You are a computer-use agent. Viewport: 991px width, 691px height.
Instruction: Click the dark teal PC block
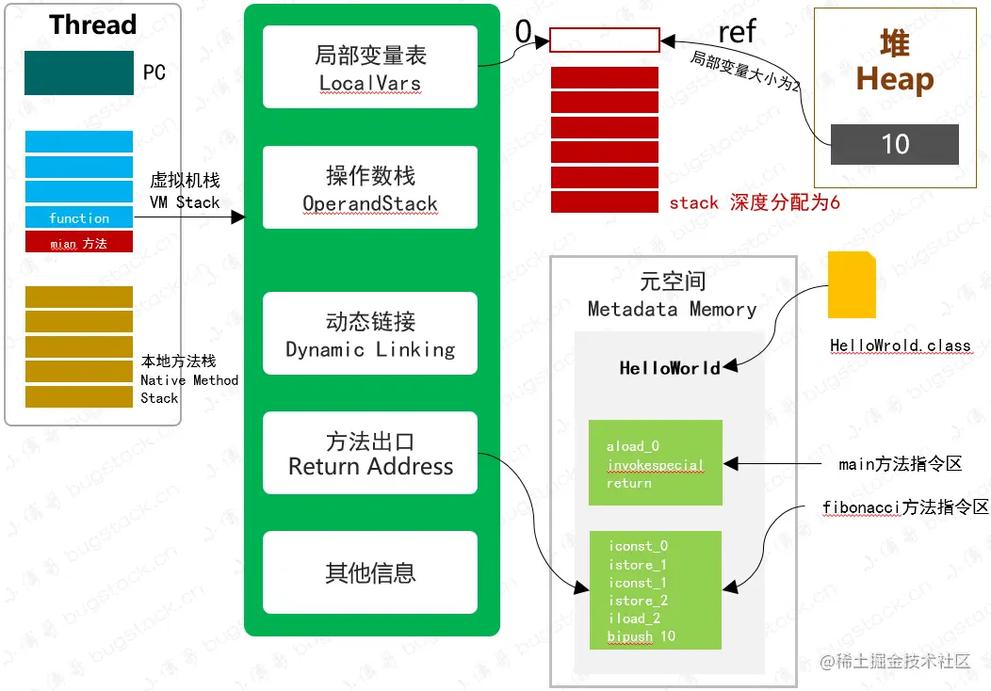pyautogui.click(x=79, y=72)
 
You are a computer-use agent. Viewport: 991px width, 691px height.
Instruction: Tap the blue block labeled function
pyautogui.click(x=79, y=217)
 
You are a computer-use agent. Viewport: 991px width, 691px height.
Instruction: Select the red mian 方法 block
pyautogui.click(x=79, y=243)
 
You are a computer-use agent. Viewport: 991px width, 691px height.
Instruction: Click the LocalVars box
pyautogui.click(x=370, y=68)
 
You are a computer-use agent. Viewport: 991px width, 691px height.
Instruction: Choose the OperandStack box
pyautogui.click(x=370, y=187)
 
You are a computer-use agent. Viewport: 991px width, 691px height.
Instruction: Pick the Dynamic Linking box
pyautogui.click(x=370, y=334)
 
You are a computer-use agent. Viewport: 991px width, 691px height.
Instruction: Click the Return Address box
pyautogui.click(x=370, y=453)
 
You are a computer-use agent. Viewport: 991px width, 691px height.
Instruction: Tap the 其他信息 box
pyautogui.click(x=370, y=572)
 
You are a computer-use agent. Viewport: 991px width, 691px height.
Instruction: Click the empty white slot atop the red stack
pyautogui.click(x=604, y=40)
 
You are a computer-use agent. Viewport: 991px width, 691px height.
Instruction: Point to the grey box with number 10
pyautogui.click(x=894, y=144)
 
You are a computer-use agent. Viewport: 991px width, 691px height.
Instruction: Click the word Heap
pyautogui.click(x=894, y=79)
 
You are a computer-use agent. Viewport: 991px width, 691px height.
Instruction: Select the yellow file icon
pyautogui.click(x=852, y=285)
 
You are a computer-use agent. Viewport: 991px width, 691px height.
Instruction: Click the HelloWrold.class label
pyautogui.click(x=900, y=345)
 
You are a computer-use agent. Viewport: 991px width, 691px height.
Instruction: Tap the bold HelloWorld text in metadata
pyautogui.click(x=670, y=368)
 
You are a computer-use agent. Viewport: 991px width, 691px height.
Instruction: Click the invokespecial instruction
pyautogui.click(x=656, y=465)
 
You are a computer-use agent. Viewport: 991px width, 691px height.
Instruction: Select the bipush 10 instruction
pyautogui.click(x=642, y=636)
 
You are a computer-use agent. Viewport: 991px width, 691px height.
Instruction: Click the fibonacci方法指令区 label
pyautogui.click(x=905, y=507)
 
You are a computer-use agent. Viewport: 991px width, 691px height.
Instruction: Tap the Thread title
pyautogui.click(x=92, y=24)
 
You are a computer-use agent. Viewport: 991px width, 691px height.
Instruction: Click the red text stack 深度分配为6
pyautogui.click(x=754, y=202)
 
